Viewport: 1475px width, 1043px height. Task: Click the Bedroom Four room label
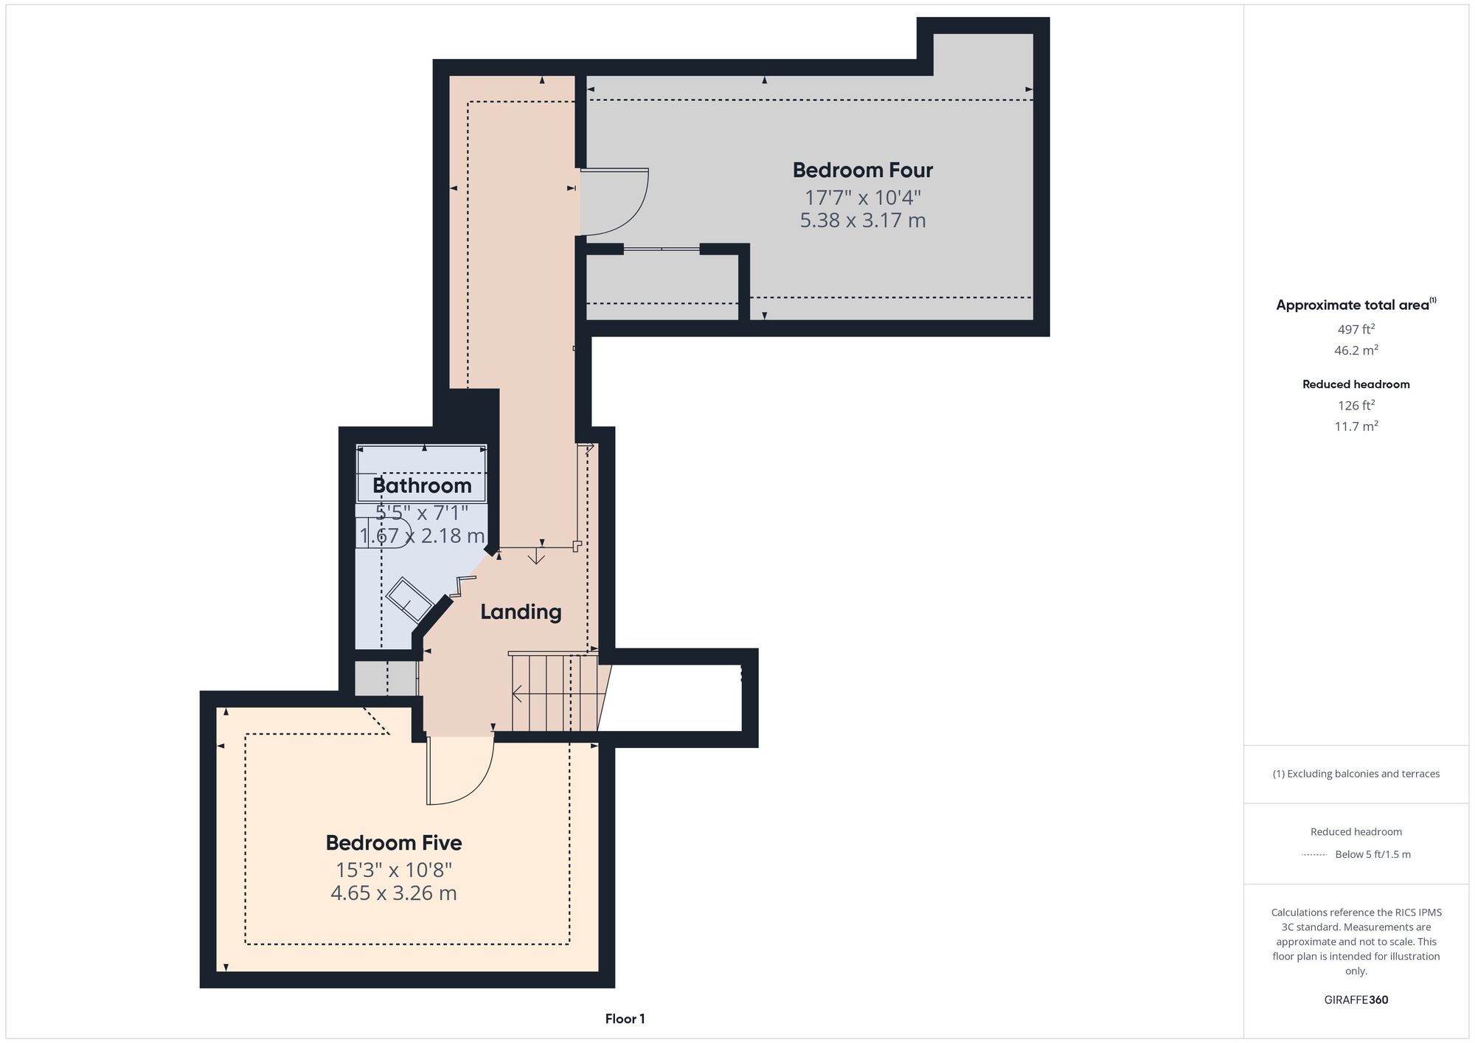[863, 170]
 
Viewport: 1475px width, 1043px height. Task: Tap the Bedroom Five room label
[394, 842]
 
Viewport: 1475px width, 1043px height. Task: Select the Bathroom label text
[422, 485]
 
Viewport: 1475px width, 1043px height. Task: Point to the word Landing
[521, 612]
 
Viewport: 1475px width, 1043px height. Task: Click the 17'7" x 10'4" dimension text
[863, 198]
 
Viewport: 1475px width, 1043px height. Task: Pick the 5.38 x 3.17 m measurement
[863, 221]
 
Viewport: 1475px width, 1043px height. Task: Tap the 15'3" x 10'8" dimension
[394, 870]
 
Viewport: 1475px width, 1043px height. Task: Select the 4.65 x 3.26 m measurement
[394, 893]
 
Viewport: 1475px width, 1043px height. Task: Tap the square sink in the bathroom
[409, 598]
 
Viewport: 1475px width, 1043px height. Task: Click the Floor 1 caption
[625, 1019]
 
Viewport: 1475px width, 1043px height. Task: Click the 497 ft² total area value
[1356, 329]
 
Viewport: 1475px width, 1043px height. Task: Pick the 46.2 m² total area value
[1356, 350]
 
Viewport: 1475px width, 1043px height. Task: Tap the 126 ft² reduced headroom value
[1356, 405]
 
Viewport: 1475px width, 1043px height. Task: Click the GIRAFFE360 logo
[1356, 1000]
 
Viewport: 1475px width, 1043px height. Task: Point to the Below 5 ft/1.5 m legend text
[1372, 855]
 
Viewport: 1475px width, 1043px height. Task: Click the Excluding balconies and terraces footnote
[1356, 774]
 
